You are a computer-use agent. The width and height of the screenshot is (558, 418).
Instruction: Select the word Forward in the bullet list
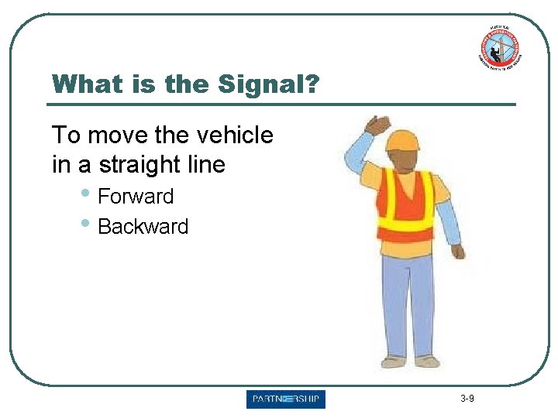(136, 197)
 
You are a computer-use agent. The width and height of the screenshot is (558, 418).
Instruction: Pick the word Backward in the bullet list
(143, 227)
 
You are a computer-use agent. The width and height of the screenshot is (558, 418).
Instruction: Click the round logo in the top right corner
(498, 48)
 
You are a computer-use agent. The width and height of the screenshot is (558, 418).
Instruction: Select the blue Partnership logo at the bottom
(286, 399)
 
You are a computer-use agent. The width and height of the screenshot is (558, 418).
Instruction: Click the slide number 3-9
(467, 399)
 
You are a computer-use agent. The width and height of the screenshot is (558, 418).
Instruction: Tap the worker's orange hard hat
(402, 139)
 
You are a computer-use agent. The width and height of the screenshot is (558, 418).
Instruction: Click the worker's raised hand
(379, 125)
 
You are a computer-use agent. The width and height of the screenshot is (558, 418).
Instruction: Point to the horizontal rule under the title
(281, 104)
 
